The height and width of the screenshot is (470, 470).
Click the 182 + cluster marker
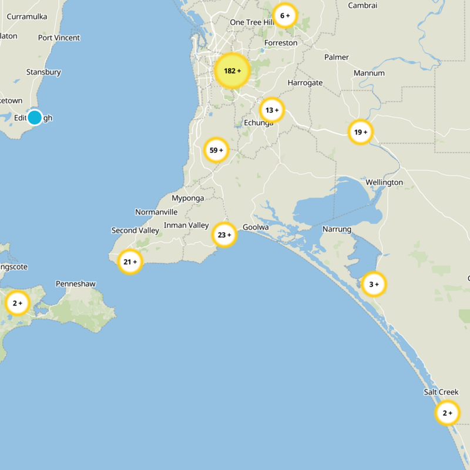[x=232, y=71]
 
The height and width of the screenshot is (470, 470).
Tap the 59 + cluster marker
[x=216, y=150]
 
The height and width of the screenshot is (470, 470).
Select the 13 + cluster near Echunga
[x=271, y=110]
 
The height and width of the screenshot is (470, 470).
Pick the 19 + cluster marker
[x=360, y=132]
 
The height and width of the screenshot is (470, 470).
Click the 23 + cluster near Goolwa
[x=224, y=235]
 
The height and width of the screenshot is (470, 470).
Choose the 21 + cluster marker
[x=130, y=262]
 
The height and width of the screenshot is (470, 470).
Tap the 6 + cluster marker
[x=285, y=15]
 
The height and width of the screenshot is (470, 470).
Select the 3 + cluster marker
[x=374, y=284]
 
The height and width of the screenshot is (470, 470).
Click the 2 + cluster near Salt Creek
[x=447, y=413]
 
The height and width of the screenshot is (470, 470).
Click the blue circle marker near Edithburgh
[x=35, y=117]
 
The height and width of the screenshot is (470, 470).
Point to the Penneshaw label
[x=75, y=284]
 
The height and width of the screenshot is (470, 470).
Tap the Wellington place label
[x=384, y=182]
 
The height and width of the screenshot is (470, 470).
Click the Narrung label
[x=337, y=229]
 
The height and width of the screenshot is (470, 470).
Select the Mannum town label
[x=369, y=73]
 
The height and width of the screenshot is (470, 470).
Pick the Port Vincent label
[x=59, y=38]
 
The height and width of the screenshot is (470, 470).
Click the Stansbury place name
[x=43, y=72]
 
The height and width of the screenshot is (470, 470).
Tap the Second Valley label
[x=135, y=230]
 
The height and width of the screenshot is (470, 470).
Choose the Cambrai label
[x=362, y=5]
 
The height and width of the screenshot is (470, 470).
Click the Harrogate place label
[x=305, y=83]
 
